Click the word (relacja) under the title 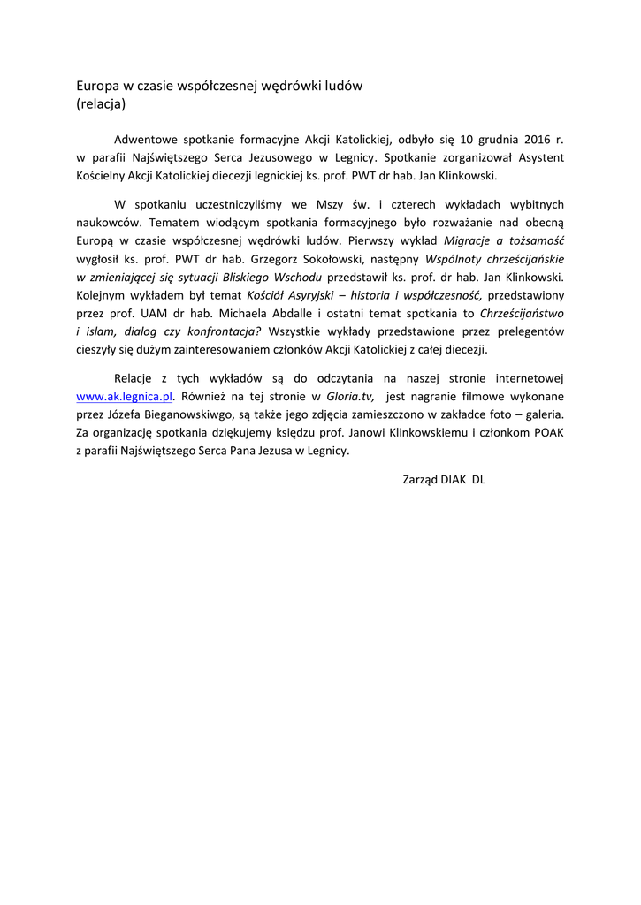tap(101, 103)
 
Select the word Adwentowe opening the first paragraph tap(146, 140)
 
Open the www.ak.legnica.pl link tap(125, 398)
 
